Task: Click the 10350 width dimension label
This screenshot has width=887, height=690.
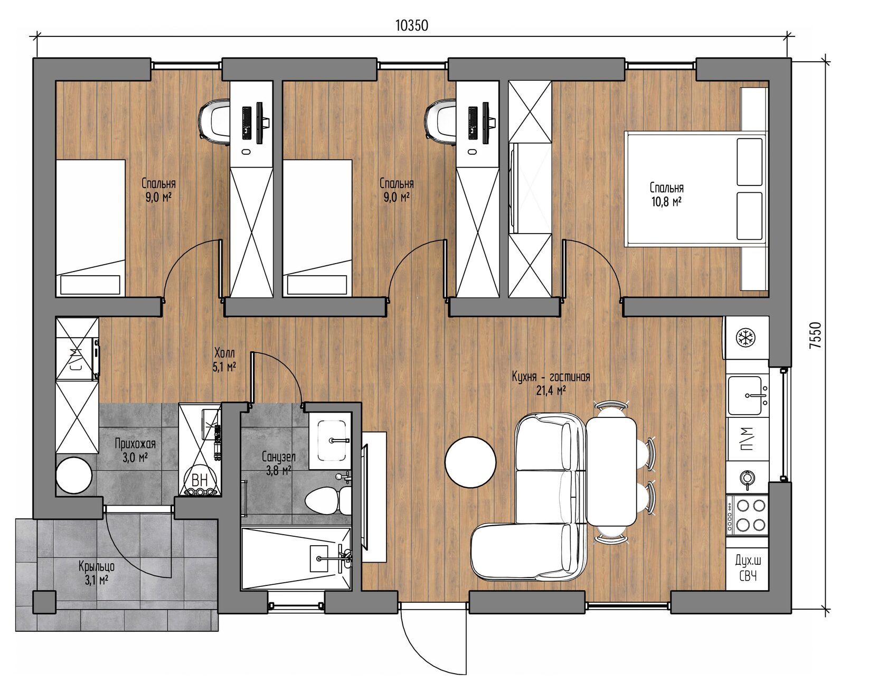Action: [x=412, y=25]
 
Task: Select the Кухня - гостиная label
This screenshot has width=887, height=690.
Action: [x=551, y=377]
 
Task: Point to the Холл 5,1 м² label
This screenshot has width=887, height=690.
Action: [x=224, y=359]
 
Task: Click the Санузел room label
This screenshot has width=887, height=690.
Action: [x=278, y=456]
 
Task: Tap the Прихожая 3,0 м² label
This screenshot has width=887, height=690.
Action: [x=135, y=450]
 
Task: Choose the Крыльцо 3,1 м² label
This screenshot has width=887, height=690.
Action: [x=97, y=573]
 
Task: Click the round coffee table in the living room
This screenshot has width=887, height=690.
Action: [x=470, y=462]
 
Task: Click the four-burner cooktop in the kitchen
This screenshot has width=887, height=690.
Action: [x=747, y=515]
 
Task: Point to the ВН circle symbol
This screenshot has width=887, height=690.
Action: [x=200, y=479]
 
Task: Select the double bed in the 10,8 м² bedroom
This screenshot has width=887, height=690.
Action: [x=695, y=188]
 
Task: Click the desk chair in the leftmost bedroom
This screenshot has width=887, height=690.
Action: [x=214, y=121]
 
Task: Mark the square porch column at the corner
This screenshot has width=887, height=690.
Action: [x=44, y=602]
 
